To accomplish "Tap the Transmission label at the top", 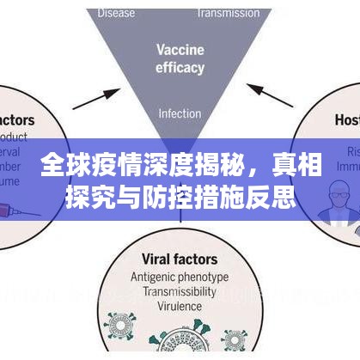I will (x=229, y=13).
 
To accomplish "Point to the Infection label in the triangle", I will (x=179, y=113).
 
